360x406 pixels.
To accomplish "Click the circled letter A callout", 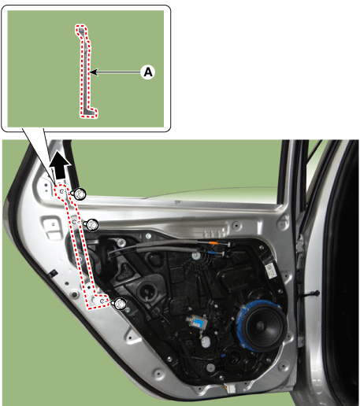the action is click(148, 72).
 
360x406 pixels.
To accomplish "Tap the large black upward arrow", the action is click(61, 165).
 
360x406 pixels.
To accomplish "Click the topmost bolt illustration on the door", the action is click(80, 194).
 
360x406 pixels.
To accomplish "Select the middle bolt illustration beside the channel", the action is click(92, 225).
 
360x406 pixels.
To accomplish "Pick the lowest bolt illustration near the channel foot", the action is click(121, 304).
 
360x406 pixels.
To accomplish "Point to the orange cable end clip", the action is click(214, 244).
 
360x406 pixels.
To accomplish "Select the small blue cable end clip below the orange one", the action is click(212, 253).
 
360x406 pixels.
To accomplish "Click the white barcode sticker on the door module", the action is click(270, 271).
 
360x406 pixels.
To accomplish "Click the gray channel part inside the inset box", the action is click(86, 72).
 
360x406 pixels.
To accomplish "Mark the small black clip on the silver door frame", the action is click(52, 273).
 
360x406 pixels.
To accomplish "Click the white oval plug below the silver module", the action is click(206, 341).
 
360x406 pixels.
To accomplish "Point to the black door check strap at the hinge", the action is click(307, 294).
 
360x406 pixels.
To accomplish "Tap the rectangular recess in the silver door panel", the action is click(53, 227).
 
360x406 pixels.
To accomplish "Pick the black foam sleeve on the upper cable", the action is click(167, 245).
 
